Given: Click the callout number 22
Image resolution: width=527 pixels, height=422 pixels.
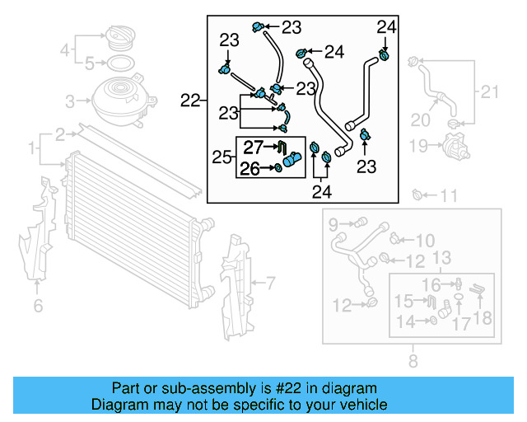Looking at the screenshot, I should (190, 101).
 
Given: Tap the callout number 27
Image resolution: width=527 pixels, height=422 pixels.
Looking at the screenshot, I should (252, 148).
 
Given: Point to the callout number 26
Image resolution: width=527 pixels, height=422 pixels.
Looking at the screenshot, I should (250, 169).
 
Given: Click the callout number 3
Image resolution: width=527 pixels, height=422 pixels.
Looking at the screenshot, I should (70, 101).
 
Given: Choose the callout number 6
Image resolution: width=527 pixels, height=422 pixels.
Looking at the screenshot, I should (38, 307).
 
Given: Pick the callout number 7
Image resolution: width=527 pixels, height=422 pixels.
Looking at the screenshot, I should (269, 284).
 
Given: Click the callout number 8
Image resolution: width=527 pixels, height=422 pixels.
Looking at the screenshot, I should (413, 359).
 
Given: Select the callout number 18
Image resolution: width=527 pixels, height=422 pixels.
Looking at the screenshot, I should (483, 317).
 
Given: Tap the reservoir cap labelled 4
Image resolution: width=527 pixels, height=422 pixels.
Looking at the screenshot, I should (117, 40).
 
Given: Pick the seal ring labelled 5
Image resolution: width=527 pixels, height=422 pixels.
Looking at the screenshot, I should (118, 63).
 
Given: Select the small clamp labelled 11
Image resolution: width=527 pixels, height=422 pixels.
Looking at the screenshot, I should (418, 195).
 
